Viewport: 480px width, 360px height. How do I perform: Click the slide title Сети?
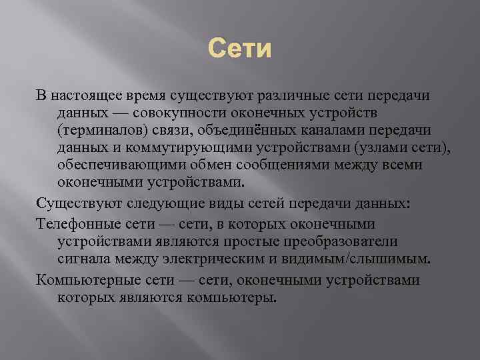pos(240,49)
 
